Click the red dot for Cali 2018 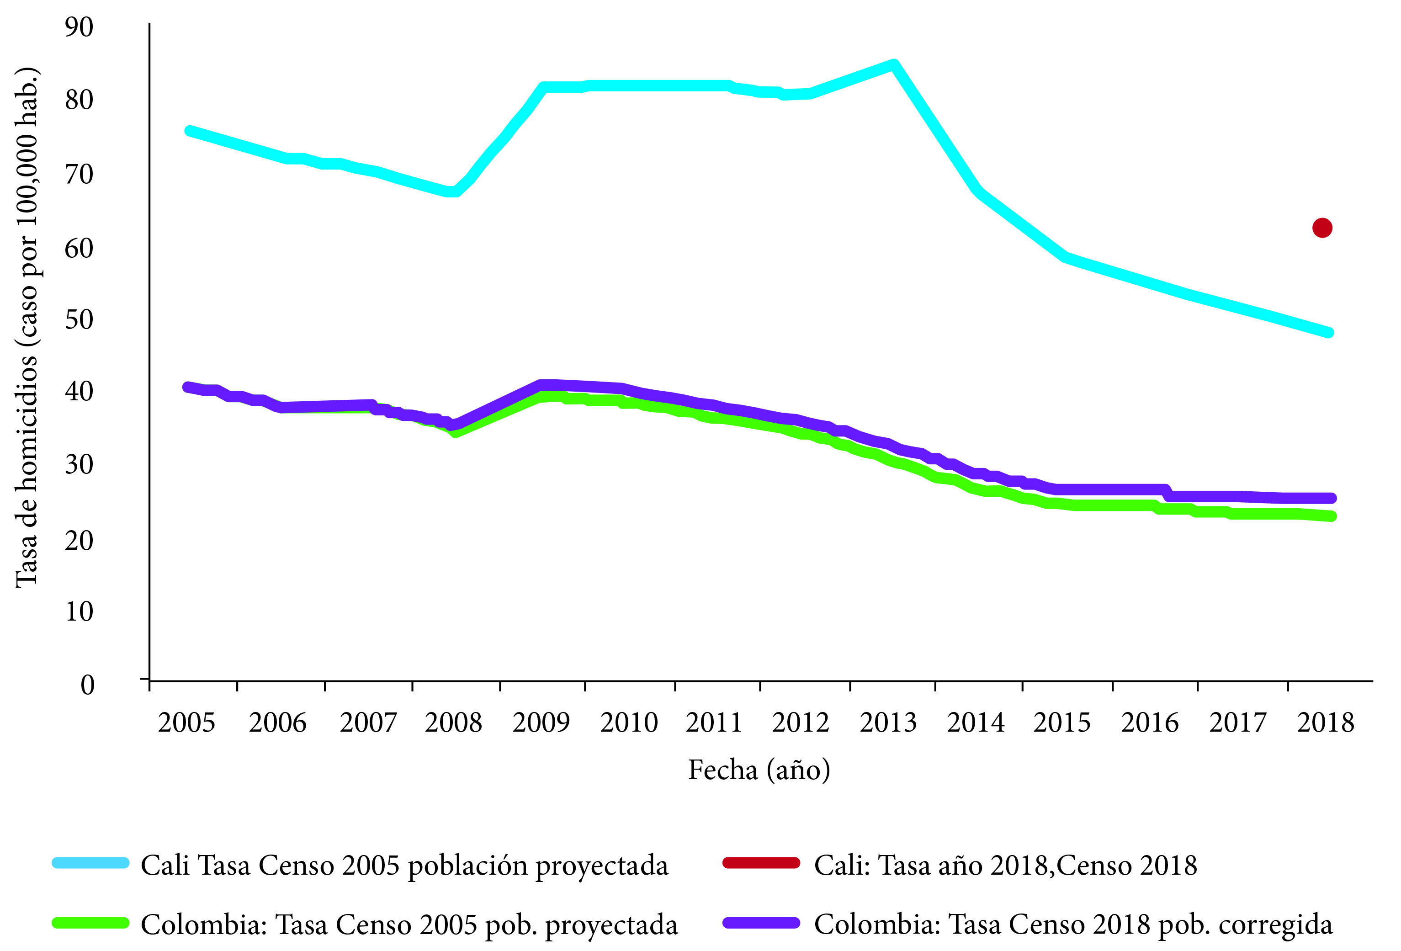pyautogui.click(x=1322, y=228)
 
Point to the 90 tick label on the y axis pyautogui.click(x=79, y=28)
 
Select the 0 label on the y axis pyautogui.click(x=87, y=685)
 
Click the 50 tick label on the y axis pyautogui.click(x=79, y=319)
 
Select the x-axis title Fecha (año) pyautogui.click(x=759, y=770)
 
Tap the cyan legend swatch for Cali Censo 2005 pyautogui.click(x=90, y=863)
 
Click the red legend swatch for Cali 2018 pyautogui.click(x=761, y=863)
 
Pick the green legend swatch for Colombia pyautogui.click(x=90, y=923)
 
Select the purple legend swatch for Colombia pyautogui.click(x=761, y=923)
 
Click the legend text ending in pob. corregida pyautogui.click(x=1073, y=924)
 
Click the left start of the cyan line pyautogui.click(x=189, y=131)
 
